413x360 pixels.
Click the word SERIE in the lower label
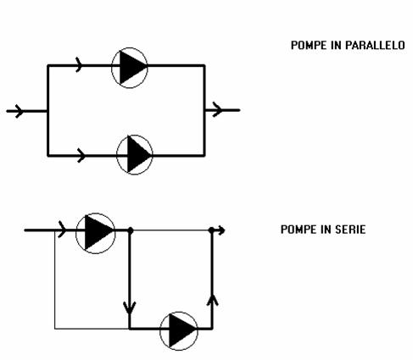350,230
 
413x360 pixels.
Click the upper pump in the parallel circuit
130,68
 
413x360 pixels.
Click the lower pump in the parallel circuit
135,155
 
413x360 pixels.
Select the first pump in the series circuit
96,233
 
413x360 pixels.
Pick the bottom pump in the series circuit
179,331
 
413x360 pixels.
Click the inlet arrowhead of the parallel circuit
19,111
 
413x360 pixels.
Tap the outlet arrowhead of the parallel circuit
217,109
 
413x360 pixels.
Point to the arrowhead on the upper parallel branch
79,65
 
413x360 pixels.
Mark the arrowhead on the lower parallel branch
81,155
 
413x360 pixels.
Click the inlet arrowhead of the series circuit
62,230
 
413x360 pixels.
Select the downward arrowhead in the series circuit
130,307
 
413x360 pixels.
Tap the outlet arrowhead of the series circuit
221,230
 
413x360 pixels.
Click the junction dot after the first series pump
131,230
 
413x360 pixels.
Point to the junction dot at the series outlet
211,230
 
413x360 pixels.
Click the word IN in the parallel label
336,45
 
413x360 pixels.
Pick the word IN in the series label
326,230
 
